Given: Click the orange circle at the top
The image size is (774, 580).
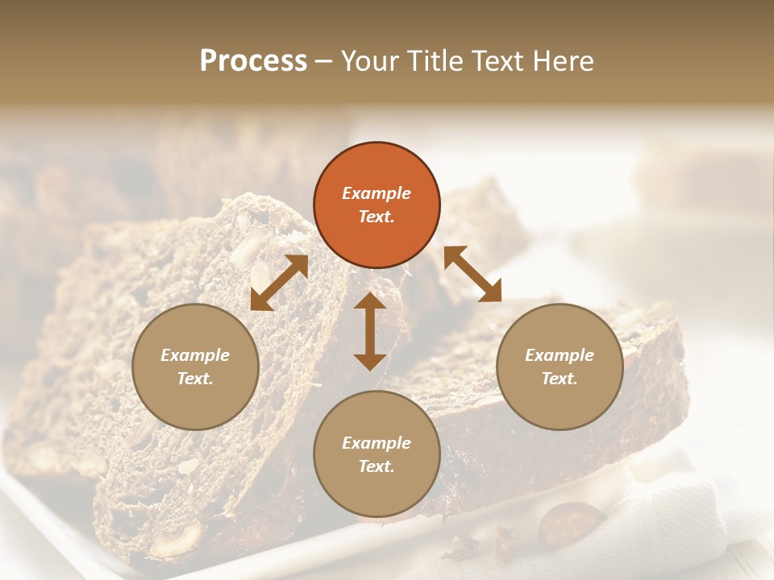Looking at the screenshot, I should [x=377, y=205].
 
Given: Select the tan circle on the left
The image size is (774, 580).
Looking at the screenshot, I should [x=195, y=367].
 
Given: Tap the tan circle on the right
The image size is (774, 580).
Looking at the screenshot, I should [x=560, y=367].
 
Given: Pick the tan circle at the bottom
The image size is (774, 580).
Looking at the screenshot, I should [x=377, y=454].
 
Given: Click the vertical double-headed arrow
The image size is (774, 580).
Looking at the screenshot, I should [x=370, y=331].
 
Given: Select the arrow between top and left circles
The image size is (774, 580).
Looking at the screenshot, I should [x=280, y=283].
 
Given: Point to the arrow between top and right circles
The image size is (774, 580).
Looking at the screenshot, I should [x=472, y=274].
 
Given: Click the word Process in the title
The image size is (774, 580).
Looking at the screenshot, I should [x=253, y=60].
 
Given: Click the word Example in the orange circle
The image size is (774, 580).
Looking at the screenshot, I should [x=377, y=193].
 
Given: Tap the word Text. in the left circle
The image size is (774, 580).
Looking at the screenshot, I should [x=195, y=379].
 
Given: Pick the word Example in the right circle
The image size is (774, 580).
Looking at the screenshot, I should [x=560, y=354].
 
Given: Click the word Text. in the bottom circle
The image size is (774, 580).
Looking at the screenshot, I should [x=377, y=466].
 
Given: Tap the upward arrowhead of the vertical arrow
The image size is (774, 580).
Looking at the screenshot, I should [x=370, y=300].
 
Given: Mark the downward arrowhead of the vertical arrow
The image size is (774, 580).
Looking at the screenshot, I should [x=370, y=362].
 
